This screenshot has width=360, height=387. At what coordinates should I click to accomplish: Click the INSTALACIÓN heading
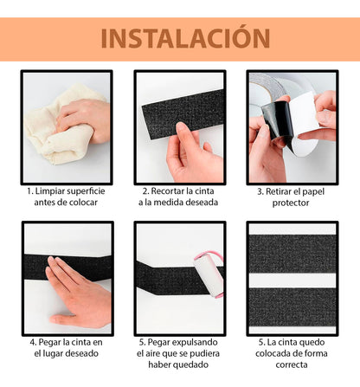[x=179, y=38]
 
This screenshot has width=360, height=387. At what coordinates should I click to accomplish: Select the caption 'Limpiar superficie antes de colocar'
[x=66, y=196]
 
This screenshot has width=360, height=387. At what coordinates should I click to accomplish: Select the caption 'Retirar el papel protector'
[x=292, y=196]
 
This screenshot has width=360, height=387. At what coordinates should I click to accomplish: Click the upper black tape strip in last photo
[x=292, y=252]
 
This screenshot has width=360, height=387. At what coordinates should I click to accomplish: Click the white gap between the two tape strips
[x=292, y=279]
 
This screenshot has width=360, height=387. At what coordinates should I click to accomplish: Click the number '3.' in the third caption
[x=255, y=190]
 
